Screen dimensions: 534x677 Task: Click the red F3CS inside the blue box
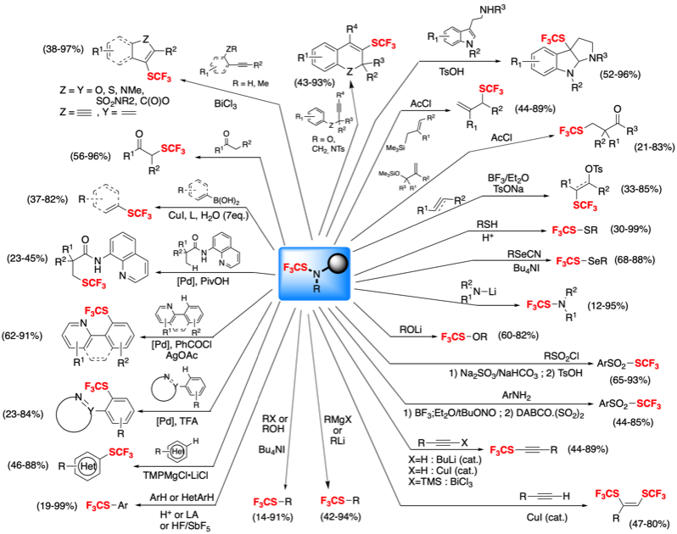[295, 268]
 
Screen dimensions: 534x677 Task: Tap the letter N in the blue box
[316, 274]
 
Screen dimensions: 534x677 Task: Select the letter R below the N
[316, 289]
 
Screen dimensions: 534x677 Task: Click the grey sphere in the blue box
[338, 264]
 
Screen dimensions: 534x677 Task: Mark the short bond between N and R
[316, 281]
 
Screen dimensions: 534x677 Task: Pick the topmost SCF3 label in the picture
[383, 43]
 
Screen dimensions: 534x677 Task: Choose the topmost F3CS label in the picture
[553, 39]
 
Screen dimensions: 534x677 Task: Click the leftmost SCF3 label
[93, 283]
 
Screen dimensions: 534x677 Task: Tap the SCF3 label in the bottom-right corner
[653, 494]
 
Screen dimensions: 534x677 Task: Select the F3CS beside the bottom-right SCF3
[607, 494]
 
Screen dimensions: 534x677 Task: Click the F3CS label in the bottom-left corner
[98, 506]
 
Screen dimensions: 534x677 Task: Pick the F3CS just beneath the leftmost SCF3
[96, 311]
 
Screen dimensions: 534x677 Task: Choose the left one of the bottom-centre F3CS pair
[265, 503]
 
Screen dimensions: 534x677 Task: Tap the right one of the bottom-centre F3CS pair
[332, 501]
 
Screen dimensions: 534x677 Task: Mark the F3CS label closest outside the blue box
[453, 337]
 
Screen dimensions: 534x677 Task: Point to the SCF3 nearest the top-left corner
[159, 77]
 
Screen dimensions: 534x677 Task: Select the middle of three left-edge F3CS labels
[96, 387]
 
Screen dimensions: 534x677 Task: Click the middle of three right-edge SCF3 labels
[646, 364]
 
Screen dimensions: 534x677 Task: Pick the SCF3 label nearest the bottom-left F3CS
[120, 453]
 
